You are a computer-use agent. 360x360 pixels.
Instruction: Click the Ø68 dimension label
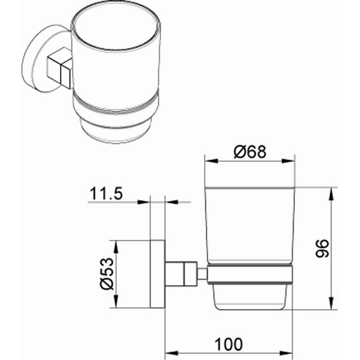tap(250, 152)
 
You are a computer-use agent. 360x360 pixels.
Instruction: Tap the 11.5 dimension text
tap(106, 193)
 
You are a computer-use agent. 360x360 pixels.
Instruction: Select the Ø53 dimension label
tap(107, 274)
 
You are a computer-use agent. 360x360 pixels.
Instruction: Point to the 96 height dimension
tap(322, 248)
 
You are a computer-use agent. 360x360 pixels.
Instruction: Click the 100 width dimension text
tap(229, 344)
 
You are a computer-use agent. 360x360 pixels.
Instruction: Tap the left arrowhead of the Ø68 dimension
tap(211, 160)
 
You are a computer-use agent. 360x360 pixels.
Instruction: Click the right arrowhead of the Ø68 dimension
tap(288, 160)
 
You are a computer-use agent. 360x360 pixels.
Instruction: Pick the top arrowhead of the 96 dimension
tap(331, 195)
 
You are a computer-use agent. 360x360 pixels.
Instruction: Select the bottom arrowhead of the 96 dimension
tap(331, 303)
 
